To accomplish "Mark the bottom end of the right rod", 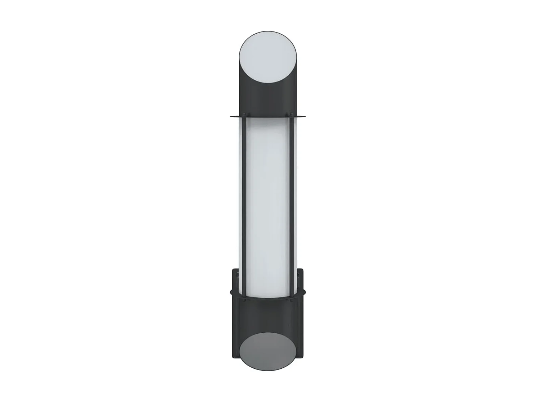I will point(293,295).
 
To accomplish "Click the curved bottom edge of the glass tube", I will point(268,300).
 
